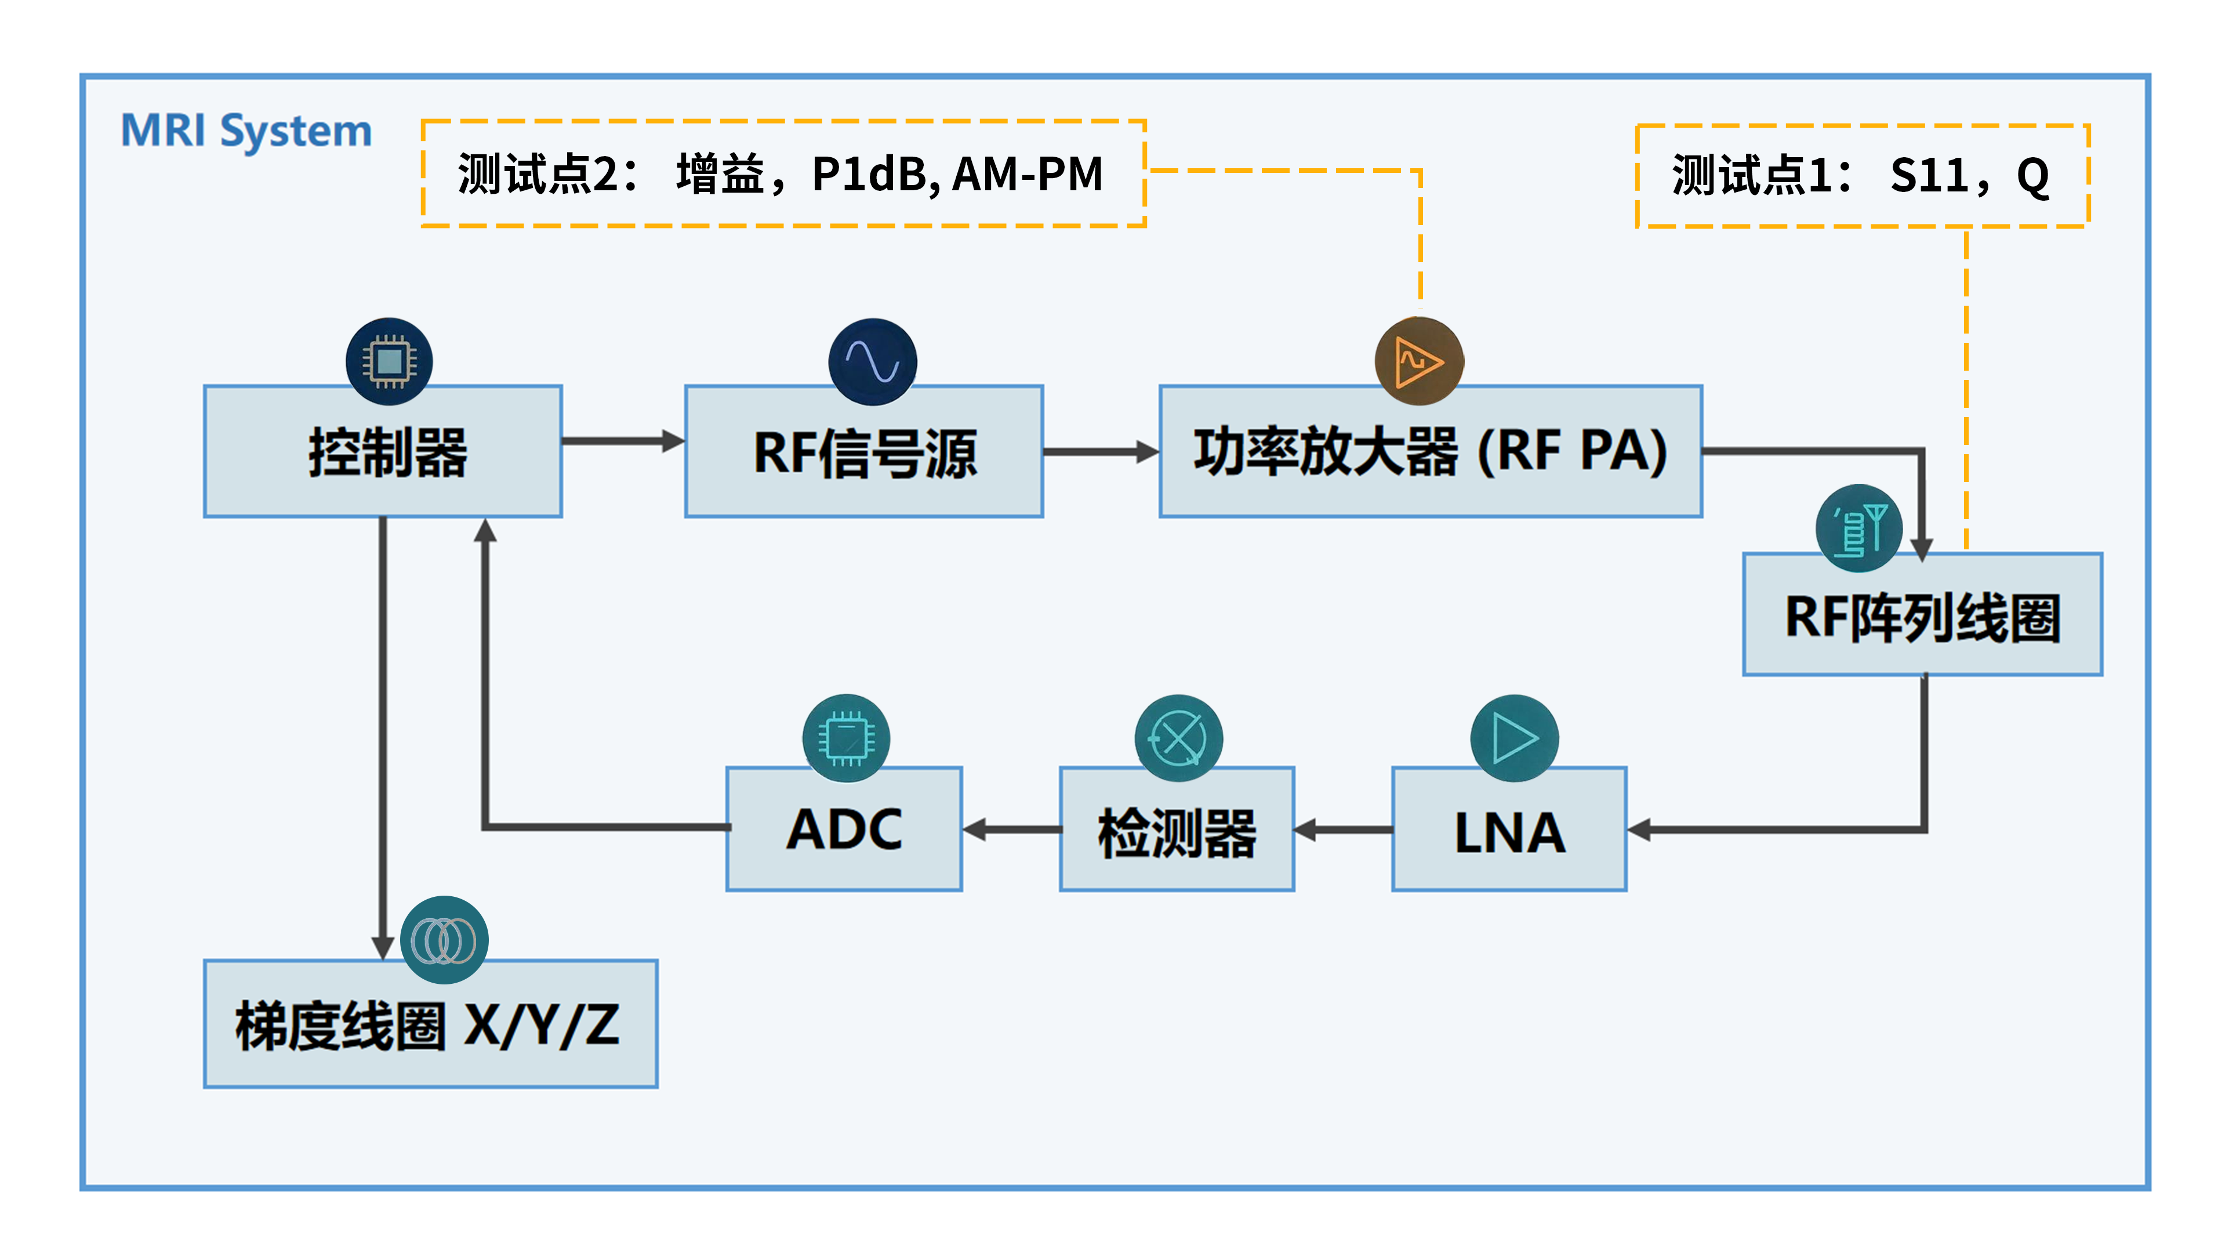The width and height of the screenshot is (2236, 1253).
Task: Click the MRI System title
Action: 246,131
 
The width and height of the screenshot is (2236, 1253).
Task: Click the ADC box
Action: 844,830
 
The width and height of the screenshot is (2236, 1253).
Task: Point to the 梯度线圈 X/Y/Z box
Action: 430,1024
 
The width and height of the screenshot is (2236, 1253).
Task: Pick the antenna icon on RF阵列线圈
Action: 1859,528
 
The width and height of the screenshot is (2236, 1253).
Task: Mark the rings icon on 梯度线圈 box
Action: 444,940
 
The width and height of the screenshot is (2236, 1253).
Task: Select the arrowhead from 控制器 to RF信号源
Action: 673,441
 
